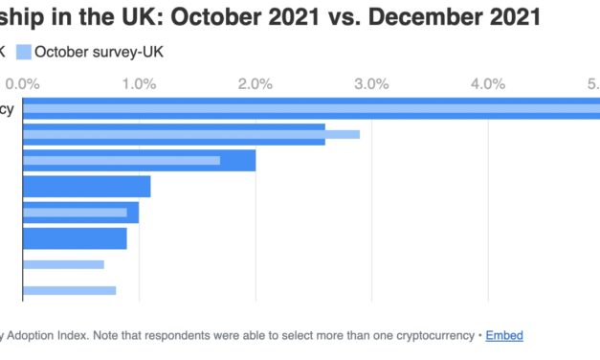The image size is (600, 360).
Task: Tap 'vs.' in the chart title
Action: pos(339,16)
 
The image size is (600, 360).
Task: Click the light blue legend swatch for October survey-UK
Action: pos(23,52)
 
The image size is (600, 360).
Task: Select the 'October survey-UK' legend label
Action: pos(99,52)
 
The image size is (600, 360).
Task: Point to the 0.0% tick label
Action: pos(22,84)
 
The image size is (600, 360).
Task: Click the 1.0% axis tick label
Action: pos(139,84)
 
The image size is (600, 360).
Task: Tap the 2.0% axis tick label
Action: pos(256,84)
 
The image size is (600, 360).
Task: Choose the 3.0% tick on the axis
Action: pos(371,84)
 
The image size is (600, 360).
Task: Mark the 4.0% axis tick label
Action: pos(488,84)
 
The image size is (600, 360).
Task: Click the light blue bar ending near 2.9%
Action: pos(191,134)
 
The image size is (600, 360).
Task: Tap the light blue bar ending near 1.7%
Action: pos(122,160)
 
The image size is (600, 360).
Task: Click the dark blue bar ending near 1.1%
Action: pos(86,186)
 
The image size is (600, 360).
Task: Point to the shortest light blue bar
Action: pos(63,264)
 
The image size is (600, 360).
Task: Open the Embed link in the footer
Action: pos(504,335)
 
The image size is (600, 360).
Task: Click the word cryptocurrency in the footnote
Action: pos(433,335)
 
